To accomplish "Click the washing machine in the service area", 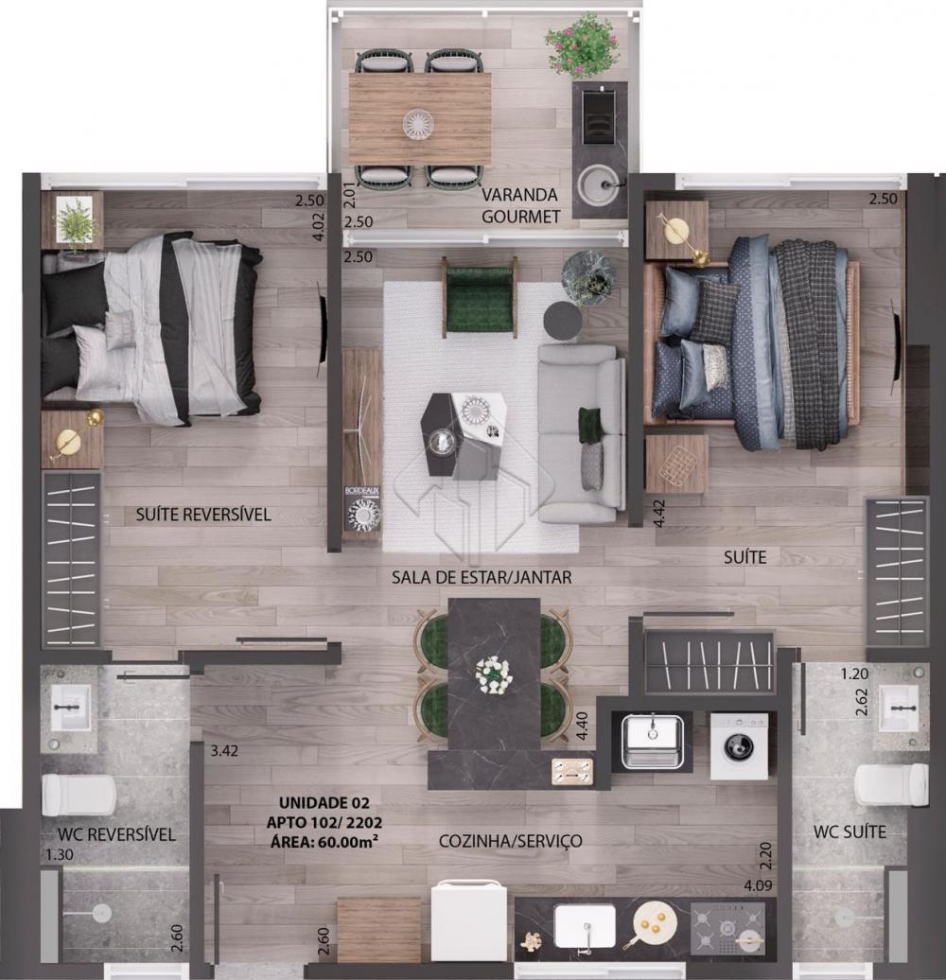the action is [x=739, y=745].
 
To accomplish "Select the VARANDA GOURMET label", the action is [x=520, y=205].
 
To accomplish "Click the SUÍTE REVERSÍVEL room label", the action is [x=203, y=515].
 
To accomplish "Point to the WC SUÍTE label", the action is [x=850, y=831].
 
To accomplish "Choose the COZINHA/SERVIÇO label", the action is [x=511, y=841].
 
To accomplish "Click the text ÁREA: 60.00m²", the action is [x=324, y=842].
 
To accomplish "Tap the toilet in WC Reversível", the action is [x=79, y=795].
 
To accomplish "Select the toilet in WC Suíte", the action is [x=891, y=785].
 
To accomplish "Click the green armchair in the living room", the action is [x=481, y=296].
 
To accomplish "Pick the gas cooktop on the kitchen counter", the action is [x=727, y=927].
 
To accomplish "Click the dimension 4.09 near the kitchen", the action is [x=758, y=885].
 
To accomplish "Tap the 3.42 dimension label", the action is [x=224, y=751].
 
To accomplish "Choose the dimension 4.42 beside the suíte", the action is [x=660, y=514].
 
